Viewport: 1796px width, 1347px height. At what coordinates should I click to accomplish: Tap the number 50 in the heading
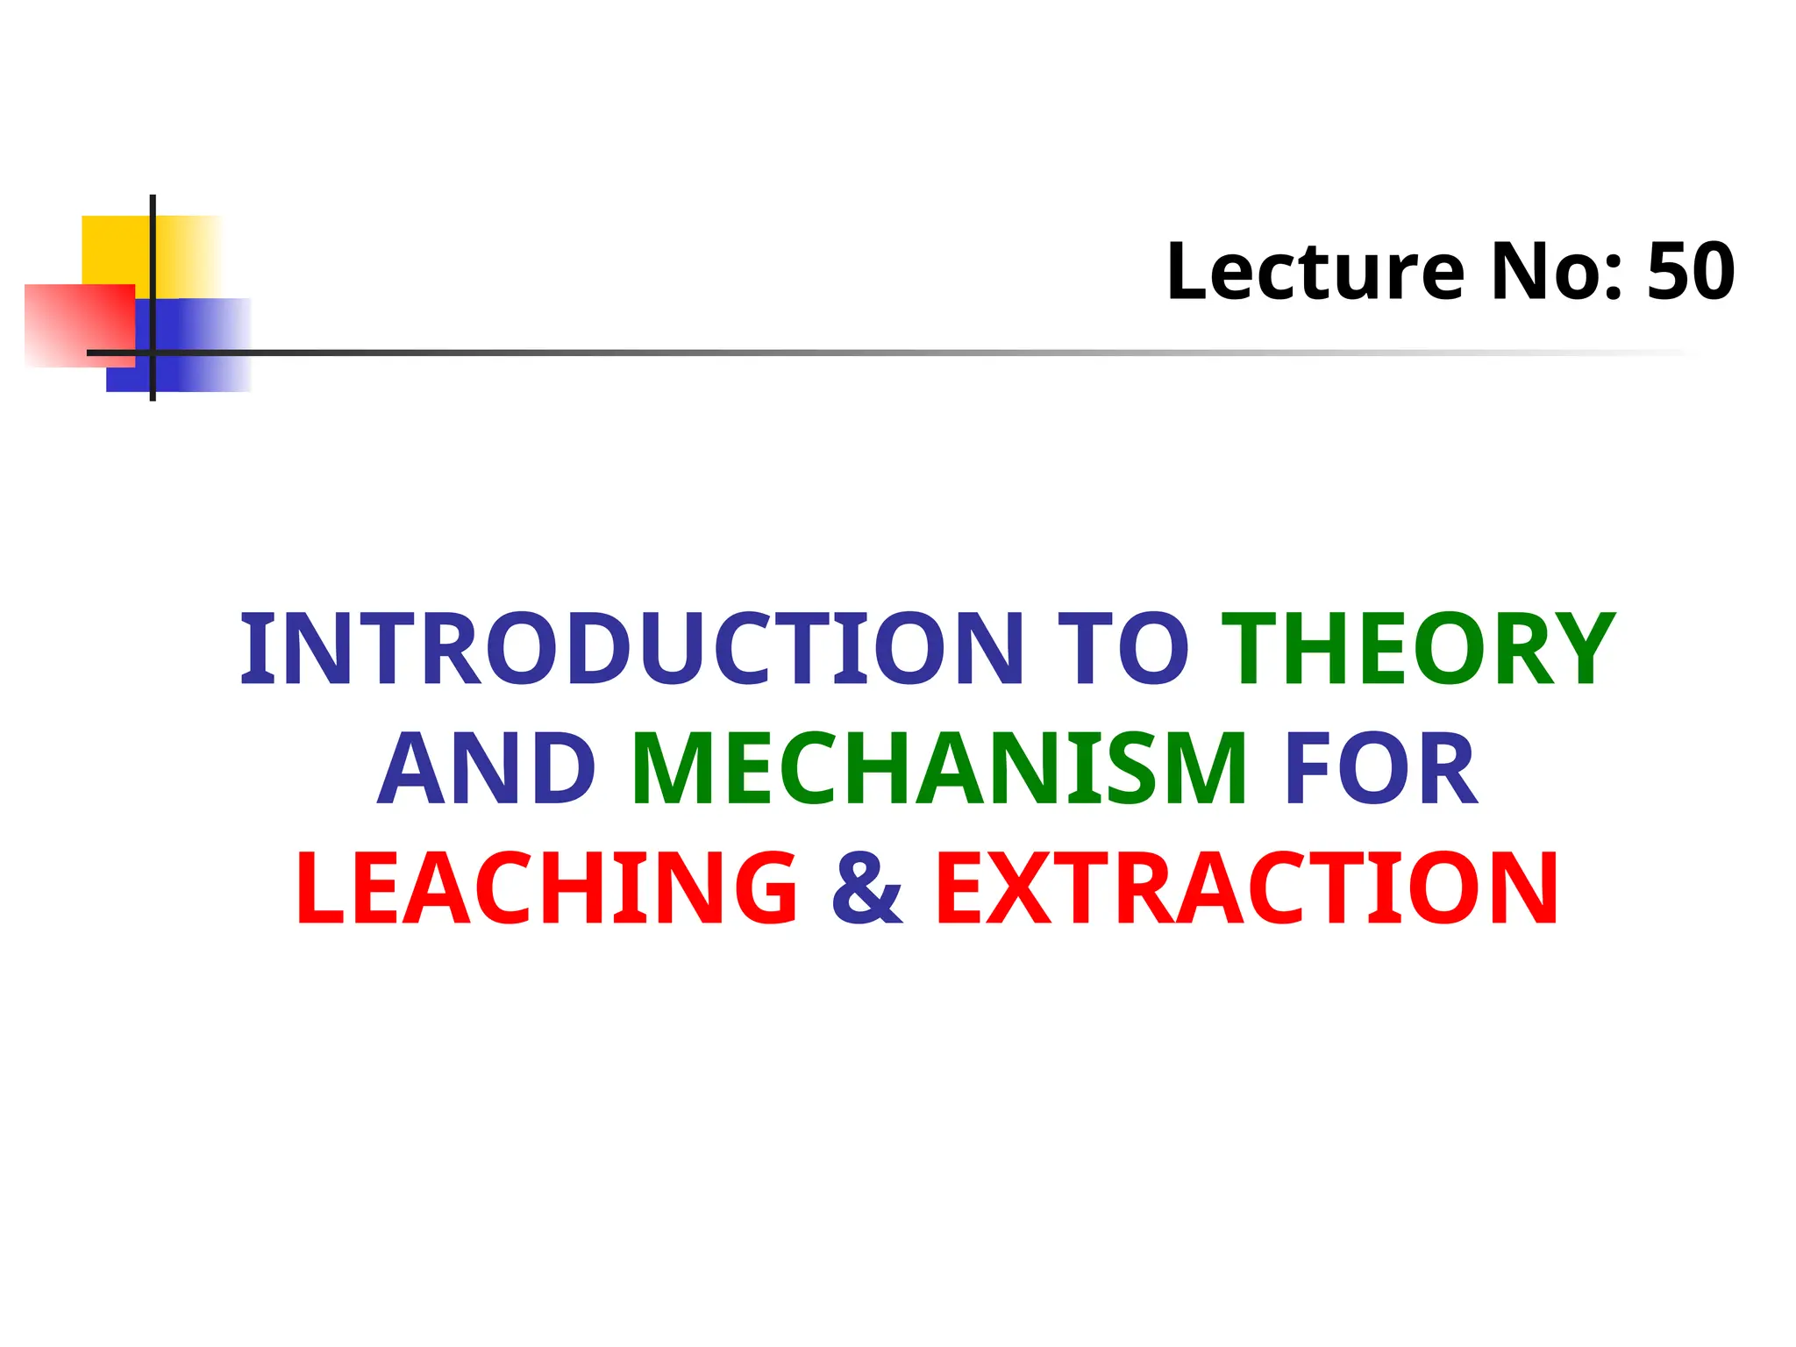tap(1691, 272)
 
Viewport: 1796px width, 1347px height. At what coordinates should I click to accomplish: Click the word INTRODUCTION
tap(631, 649)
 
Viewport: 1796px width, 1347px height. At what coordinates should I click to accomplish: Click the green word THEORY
tap(1418, 649)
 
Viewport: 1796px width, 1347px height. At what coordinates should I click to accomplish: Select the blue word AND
tap(488, 769)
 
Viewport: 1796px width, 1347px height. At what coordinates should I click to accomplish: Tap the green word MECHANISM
tap(938, 769)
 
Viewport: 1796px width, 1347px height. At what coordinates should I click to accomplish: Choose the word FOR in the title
tap(1381, 769)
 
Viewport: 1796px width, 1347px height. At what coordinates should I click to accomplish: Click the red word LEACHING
tap(546, 888)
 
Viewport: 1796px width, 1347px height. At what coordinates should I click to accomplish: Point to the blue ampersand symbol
tap(866, 888)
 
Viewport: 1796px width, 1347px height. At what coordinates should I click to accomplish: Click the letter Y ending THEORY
tap(1579, 649)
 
